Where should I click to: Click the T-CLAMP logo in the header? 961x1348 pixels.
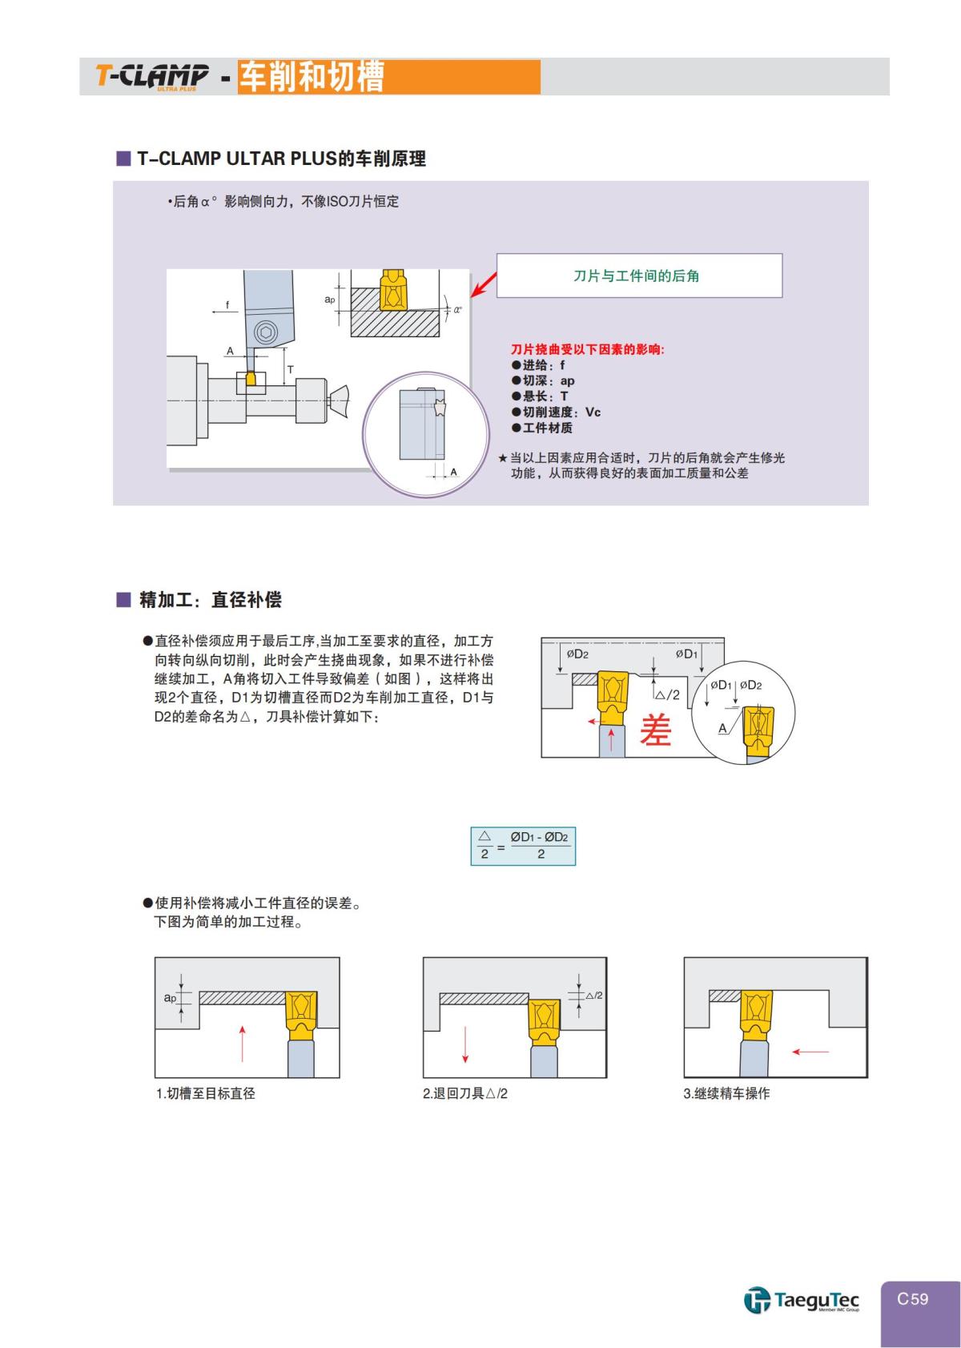[x=152, y=76]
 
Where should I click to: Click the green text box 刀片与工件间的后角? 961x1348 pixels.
[x=638, y=276]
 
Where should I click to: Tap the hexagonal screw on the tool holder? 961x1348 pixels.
[x=265, y=333]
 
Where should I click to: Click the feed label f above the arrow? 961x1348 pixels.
[x=227, y=305]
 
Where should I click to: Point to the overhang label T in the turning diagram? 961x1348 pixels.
[x=292, y=370]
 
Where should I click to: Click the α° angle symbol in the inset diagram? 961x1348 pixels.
[x=457, y=309]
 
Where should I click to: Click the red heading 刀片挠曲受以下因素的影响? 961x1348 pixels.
[x=588, y=349]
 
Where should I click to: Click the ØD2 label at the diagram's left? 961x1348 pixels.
[x=577, y=654]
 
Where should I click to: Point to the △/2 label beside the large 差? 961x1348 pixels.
[x=668, y=694]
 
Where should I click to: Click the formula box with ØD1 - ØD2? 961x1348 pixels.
[x=522, y=846]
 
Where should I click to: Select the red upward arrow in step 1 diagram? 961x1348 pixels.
[x=242, y=1042]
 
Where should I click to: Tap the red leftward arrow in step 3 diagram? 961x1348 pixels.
[x=810, y=1052]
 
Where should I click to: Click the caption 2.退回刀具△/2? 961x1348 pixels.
[x=465, y=1094]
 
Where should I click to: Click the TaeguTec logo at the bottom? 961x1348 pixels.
[x=802, y=1300]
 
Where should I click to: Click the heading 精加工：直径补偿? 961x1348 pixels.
[x=210, y=600]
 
